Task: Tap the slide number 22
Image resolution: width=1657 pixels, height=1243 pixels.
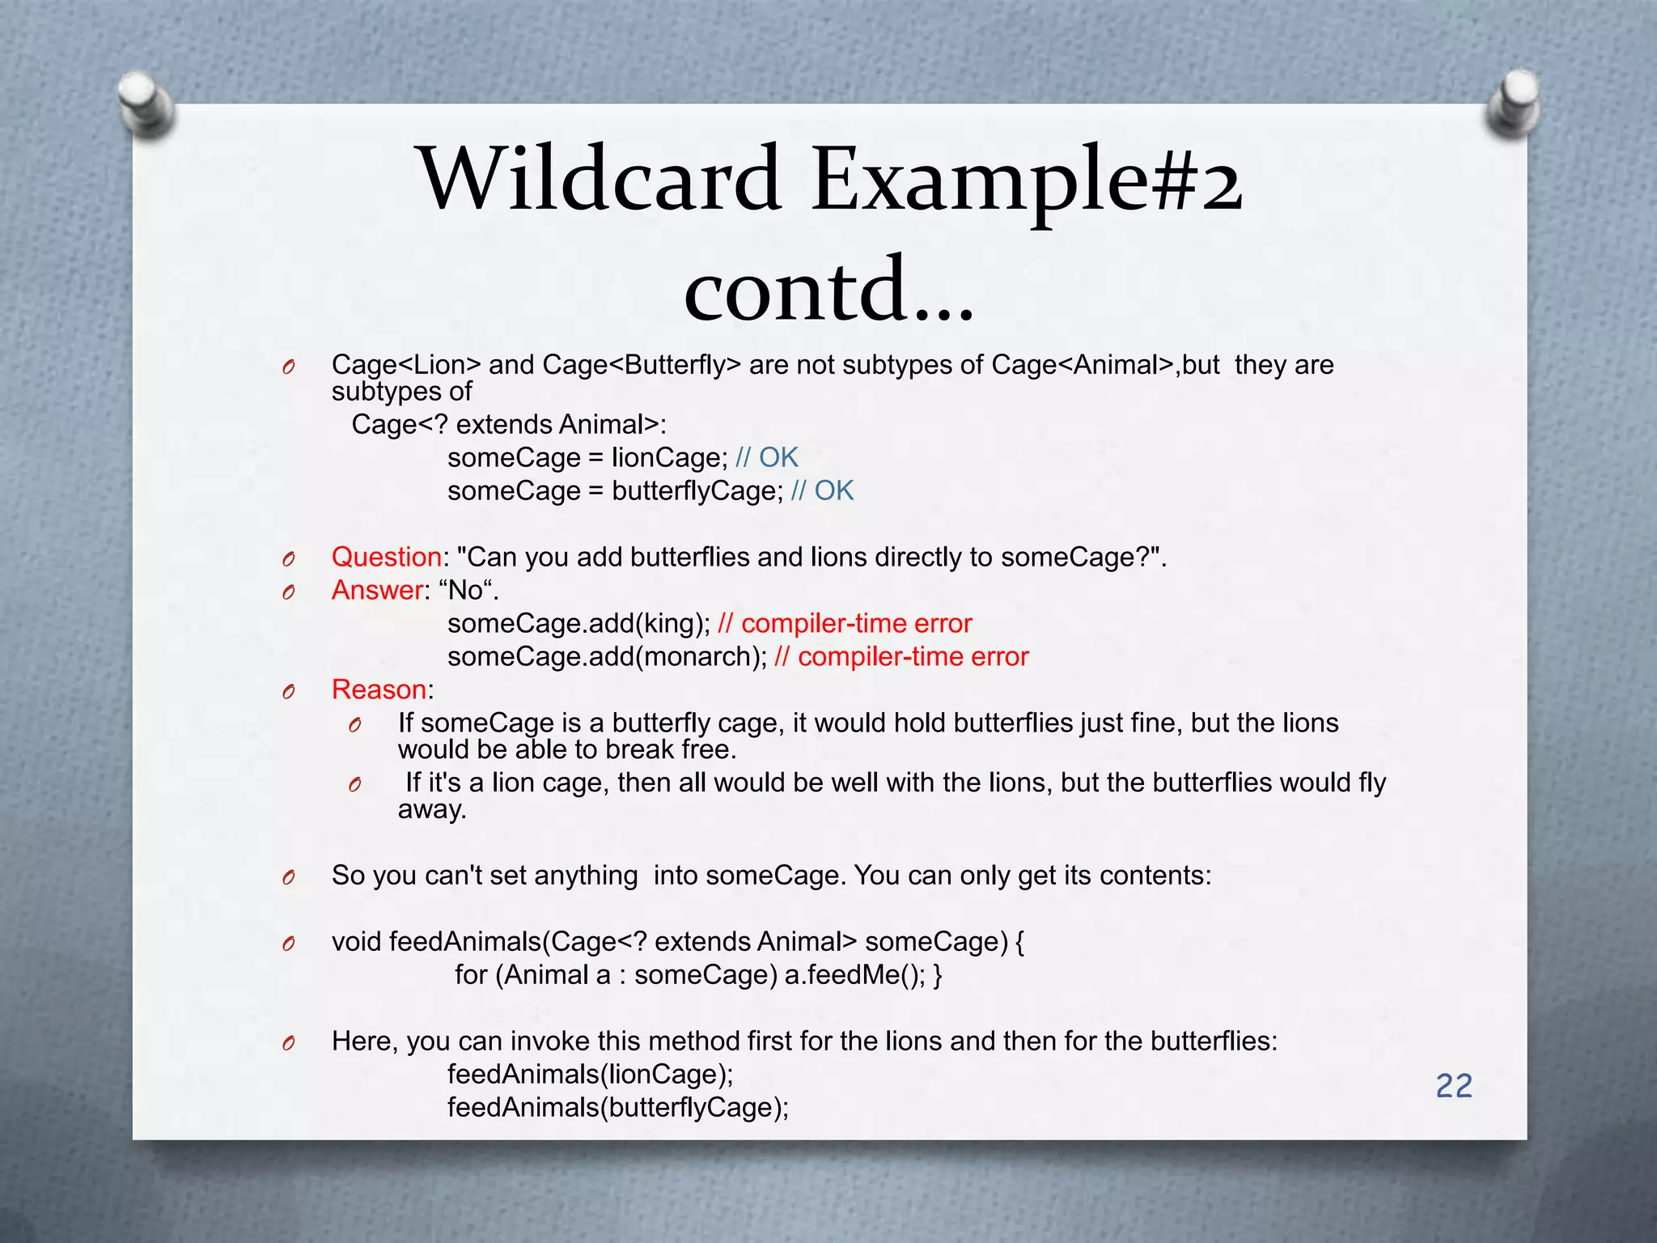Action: click(1454, 1086)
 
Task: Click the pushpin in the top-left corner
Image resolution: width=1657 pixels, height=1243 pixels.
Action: click(146, 105)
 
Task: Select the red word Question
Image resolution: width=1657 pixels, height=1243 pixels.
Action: click(387, 557)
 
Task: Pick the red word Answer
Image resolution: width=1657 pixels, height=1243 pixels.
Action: click(377, 590)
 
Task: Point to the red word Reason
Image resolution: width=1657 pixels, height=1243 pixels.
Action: click(379, 689)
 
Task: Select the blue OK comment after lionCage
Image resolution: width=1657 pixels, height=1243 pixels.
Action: click(778, 457)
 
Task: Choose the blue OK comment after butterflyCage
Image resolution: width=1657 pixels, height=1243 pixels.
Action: click(833, 490)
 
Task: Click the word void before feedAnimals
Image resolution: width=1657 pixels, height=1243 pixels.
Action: click(356, 941)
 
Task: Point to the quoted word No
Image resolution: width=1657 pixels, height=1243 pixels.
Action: click(466, 590)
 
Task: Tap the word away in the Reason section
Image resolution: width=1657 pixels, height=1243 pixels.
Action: click(432, 809)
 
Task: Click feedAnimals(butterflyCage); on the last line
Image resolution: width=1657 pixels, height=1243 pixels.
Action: click(618, 1107)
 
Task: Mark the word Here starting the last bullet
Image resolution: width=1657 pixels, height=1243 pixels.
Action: click(364, 1041)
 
